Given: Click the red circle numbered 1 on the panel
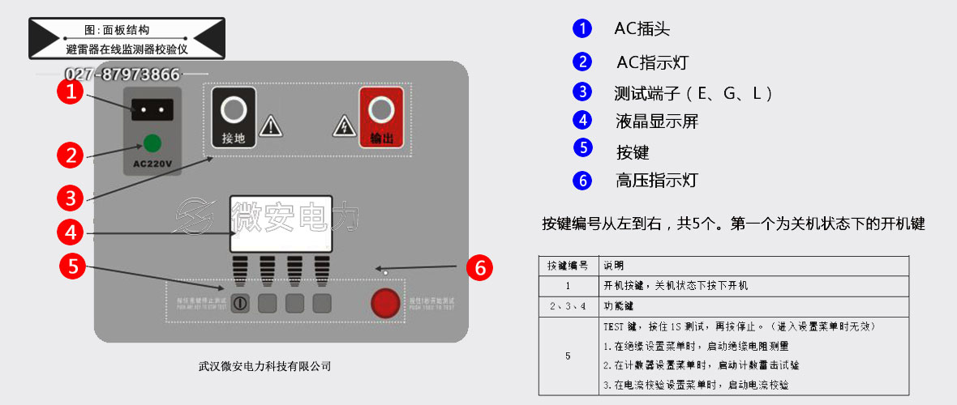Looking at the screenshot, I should click(72, 91).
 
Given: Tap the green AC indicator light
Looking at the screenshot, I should click(151, 143).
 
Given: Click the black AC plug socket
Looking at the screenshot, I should click(152, 109).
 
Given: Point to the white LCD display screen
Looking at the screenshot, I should click(281, 224).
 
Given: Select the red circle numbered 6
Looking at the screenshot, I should click(480, 267).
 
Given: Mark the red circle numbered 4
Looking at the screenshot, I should click(72, 232).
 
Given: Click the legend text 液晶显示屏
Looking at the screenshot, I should click(657, 122).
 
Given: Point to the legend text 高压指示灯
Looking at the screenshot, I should click(657, 181).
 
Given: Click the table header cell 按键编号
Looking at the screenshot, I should click(568, 266).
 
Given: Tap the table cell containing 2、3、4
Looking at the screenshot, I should click(568, 306).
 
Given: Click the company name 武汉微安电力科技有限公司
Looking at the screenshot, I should click(265, 366).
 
